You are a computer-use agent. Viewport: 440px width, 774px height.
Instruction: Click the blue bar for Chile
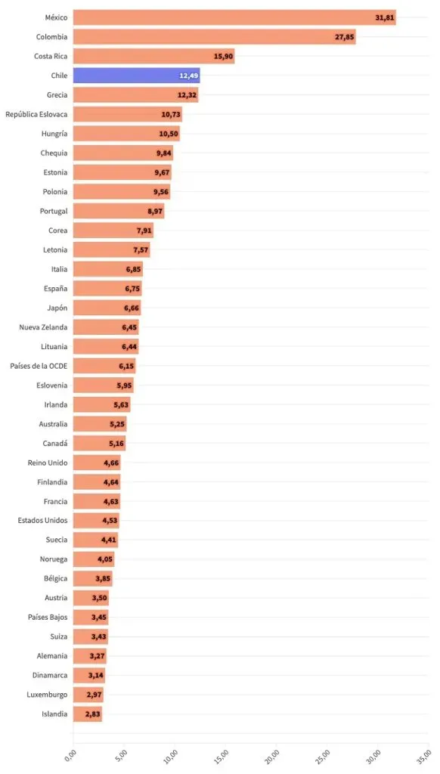pyautogui.click(x=136, y=76)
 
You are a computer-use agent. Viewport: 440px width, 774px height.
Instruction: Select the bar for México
pyautogui.click(x=234, y=17)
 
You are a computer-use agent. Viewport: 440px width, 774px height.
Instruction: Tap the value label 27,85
pyautogui.click(x=343, y=37)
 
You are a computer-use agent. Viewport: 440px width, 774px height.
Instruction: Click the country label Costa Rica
pyautogui.click(x=51, y=56)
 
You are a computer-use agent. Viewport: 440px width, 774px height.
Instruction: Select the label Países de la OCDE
pyautogui.click(x=39, y=366)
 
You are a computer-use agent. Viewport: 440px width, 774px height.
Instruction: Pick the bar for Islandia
pyautogui.click(x=87, y=714)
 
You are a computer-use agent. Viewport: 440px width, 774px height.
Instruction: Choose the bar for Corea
pyautogui.click(x=113, y=231)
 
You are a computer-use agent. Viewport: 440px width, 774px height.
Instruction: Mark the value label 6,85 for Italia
pyautogui.click(x=132, y=269)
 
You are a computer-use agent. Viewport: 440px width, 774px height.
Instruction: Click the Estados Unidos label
pyautogui.click(x=42, y=521)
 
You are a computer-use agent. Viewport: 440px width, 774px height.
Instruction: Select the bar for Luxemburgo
pyautogui.click(x=88, y=695)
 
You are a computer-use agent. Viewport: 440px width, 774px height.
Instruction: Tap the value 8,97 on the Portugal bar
pyautogui.click(x=153, y=212)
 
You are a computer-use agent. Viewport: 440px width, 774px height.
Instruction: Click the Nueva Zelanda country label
pyautogui.click(x=43, y=327)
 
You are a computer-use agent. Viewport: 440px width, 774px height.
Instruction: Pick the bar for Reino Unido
pyautogui.click(x=96, y=463)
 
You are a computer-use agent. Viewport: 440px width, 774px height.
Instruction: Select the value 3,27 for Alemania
pyautogui.click(x=97, y=656)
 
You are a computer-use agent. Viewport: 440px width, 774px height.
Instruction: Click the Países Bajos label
pyautogui.click(x=48, y=618)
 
